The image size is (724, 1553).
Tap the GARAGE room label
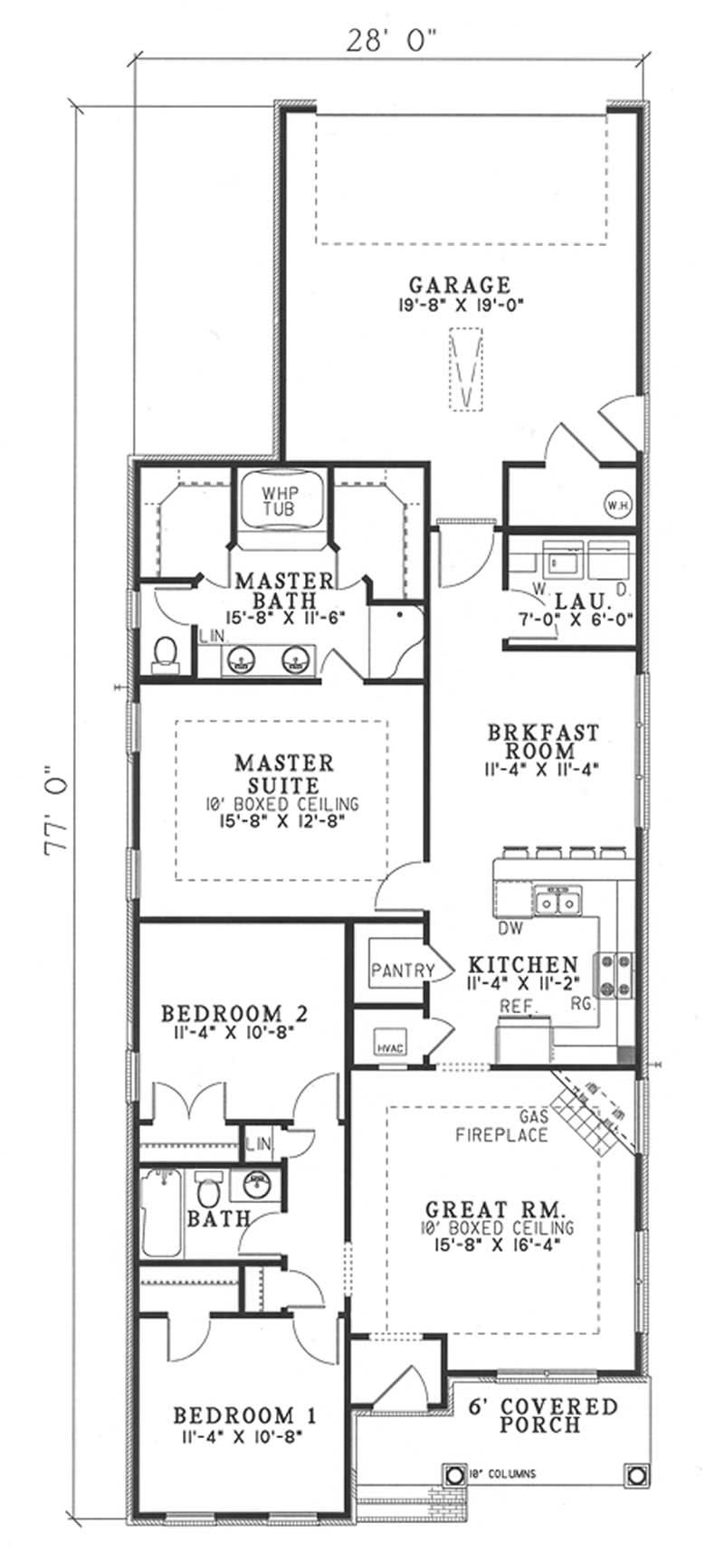click(460, 286)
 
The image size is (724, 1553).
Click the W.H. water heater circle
click(617, 503)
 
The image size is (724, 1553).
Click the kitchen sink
click(558, 901)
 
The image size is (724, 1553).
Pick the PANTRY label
click(403, 971)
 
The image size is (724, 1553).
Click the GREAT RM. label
click(496, 1209)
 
